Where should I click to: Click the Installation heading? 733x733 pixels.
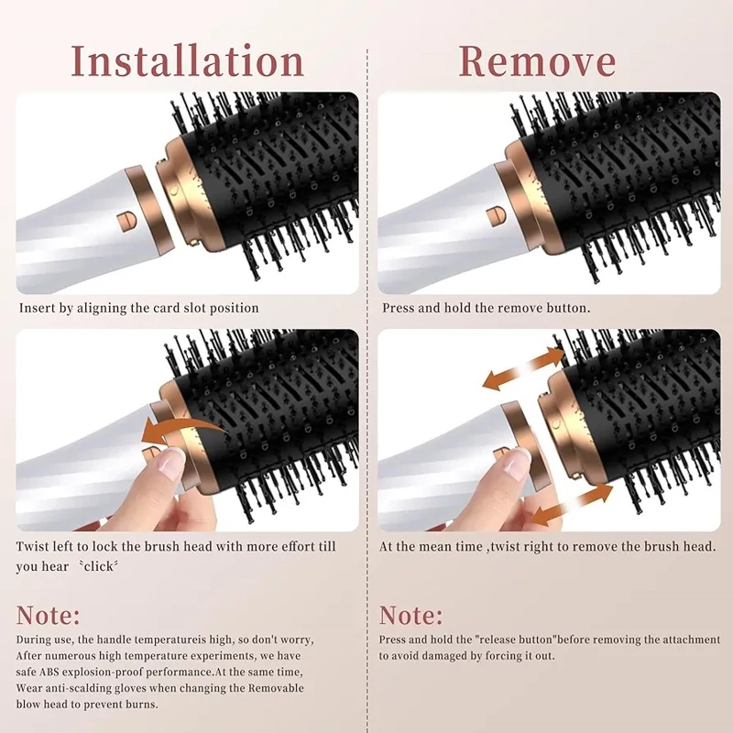188,61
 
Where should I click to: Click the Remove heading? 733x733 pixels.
537,61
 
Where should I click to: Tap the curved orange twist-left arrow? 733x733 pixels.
186,431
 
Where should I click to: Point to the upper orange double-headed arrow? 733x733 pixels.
523,369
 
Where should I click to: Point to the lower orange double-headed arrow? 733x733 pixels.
572,505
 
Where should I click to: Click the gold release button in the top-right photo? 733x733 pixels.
496,217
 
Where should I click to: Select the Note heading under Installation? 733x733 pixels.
49,615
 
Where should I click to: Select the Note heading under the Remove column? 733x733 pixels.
410,615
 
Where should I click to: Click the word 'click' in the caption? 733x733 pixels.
98,566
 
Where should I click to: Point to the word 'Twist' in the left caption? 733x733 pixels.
32,546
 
